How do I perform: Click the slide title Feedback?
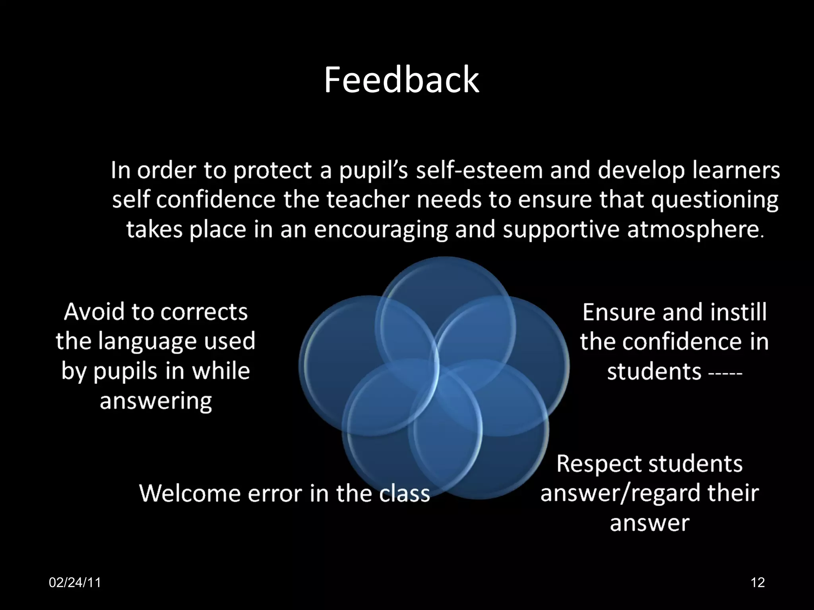click(x=401, y=80)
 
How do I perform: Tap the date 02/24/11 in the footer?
click(x=75, y=583)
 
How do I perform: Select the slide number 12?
click(x=758, y=583)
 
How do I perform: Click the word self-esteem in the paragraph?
click(x=479, y=170)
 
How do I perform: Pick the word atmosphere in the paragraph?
click(x=693, y=230)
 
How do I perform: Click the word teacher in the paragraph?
click(x=368, y=200)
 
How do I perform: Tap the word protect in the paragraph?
click(x=272, y=171)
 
